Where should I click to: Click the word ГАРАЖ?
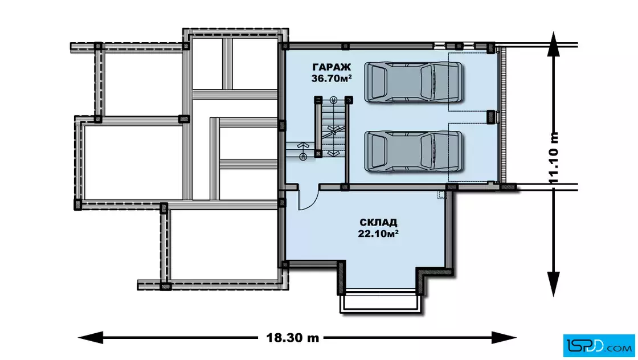tap(331, 67)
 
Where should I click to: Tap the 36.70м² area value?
tap(332, 79)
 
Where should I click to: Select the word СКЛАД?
tap(378, 223)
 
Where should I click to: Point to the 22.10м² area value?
tap(378, 234)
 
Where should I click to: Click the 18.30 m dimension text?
tap(293, 338)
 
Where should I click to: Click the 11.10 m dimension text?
tap(554, 158)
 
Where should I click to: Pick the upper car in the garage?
tap(413, 82)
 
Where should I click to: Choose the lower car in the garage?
tap(413, 151)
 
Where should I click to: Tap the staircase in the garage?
tap(332, 126)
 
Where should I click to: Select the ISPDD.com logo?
tap(599, 346)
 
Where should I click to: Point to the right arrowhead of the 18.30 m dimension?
tap(504, 338)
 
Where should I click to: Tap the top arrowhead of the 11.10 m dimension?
tap(553, 43)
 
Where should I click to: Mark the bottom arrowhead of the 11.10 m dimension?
tap(553, 284)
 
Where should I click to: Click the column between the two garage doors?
tap(491, 117)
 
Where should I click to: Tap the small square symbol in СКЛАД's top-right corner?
tap(441, 195)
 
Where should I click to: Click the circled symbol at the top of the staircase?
tap(333, 99)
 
